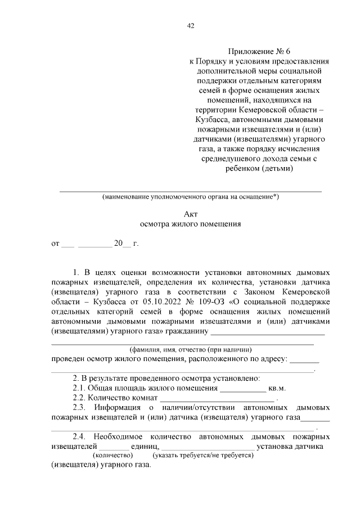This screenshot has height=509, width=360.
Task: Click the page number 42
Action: click(x=190, y=25)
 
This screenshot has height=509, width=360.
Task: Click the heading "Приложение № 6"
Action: click(x=259, y=51)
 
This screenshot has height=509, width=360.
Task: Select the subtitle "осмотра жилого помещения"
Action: click(x=190, y=223)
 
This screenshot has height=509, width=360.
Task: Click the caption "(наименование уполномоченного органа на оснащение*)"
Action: click(x=190, y=197)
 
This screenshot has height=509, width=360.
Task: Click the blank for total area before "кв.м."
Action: click(x=242, y=389)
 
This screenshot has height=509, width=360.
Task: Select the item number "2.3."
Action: click(x=80, y=407)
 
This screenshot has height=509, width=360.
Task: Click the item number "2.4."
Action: click(x=80, y=436)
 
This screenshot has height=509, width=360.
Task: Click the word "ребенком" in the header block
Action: click(x=239, y=168)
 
